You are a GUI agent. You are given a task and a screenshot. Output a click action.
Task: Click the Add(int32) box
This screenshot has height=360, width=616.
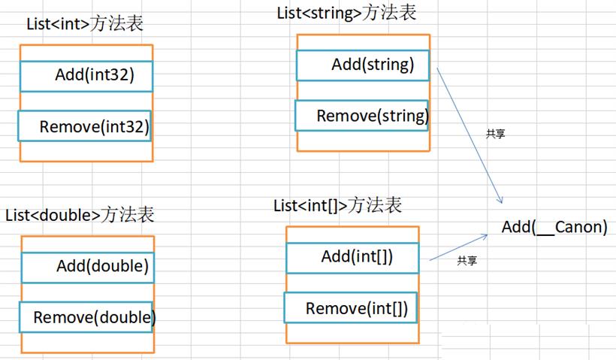pos(86,76)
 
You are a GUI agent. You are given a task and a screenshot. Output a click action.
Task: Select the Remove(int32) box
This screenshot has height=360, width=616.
pos(84,126)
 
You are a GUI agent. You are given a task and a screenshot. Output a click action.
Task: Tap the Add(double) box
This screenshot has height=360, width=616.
pos(88,268)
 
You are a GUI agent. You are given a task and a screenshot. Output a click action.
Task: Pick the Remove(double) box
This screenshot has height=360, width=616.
pos(86,317)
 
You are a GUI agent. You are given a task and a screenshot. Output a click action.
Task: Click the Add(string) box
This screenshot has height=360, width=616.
pos(363,65)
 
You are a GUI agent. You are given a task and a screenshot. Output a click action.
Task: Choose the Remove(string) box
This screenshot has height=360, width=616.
pos(362,116)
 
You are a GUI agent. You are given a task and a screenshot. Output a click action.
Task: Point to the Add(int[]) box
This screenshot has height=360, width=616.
pos(353,258)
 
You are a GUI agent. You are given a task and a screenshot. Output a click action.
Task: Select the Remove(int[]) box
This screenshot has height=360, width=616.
pos(351,307)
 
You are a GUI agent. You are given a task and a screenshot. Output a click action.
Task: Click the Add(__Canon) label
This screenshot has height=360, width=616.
pos(554,227)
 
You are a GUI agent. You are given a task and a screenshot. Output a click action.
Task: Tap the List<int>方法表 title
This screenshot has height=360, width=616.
pos(85,23)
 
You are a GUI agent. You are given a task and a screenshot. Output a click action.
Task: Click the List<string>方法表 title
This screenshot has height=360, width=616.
pos(346,13)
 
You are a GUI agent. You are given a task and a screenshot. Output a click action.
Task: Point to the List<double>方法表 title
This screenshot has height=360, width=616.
pos(80,215)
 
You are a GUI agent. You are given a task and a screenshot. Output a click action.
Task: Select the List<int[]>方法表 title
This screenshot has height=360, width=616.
pos(338,205)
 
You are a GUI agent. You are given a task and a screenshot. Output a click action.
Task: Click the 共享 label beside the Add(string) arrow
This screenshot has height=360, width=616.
pos(495,134)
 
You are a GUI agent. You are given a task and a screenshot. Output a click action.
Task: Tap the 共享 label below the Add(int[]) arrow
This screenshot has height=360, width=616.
pos(467,260)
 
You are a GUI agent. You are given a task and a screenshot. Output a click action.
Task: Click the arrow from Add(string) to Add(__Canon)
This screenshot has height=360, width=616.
pos(470,135)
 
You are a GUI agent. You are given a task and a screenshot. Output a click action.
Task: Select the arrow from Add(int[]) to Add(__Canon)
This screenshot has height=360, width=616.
pos(458,247)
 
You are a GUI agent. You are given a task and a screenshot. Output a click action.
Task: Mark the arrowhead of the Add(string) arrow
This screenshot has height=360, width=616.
pos(500,200)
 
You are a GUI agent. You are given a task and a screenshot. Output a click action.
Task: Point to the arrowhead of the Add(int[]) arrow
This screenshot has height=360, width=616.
pos(485,236)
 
